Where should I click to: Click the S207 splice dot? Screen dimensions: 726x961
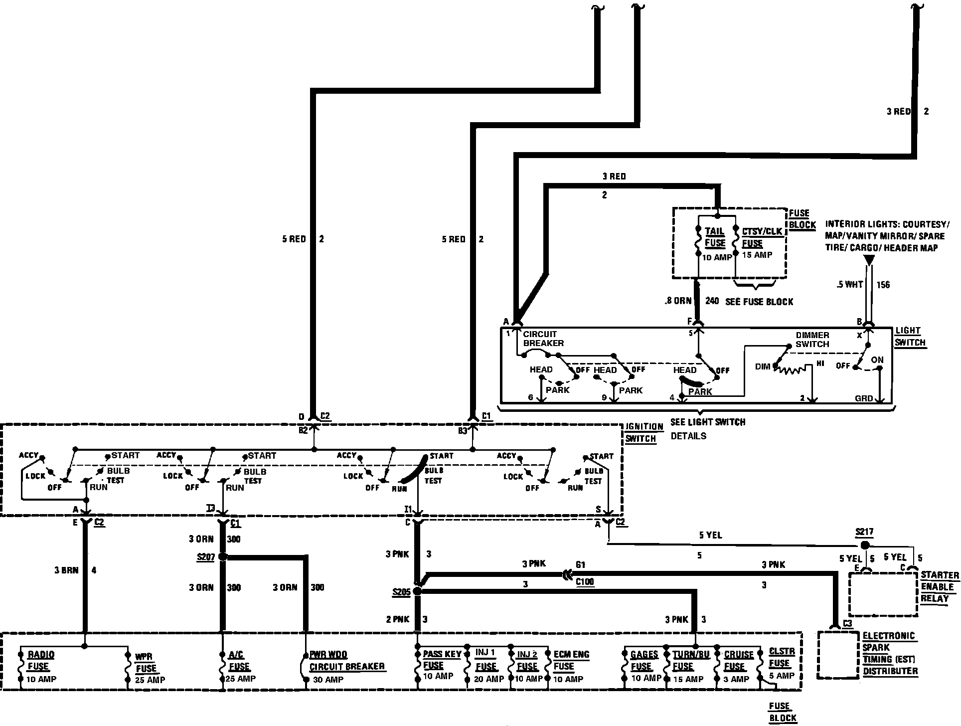pos(223,556)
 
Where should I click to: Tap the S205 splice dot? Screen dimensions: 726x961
pos(418,591)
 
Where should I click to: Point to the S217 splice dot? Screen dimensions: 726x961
pos(865,545)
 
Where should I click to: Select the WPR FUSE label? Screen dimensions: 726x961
pos(146,662)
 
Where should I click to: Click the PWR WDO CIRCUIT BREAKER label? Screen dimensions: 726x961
pos(347,660)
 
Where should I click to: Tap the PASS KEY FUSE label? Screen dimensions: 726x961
pos(441,659)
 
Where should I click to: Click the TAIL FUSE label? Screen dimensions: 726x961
pos(715,237)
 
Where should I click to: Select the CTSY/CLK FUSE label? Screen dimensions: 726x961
pos(762,237)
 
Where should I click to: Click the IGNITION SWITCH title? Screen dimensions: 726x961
pos(644,433)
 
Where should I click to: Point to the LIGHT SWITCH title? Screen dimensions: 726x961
pos(910,337)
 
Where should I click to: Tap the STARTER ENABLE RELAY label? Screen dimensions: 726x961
pos(939,586)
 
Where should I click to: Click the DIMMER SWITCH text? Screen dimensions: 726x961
pos(812,340)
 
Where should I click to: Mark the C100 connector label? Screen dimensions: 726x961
pos(585,582)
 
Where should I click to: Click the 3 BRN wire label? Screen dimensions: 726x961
pos(66,570)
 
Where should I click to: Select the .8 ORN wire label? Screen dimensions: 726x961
pos(678,301)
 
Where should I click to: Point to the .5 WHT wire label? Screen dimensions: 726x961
pos(850,285)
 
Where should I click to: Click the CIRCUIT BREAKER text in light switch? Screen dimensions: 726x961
pos(543,339)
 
